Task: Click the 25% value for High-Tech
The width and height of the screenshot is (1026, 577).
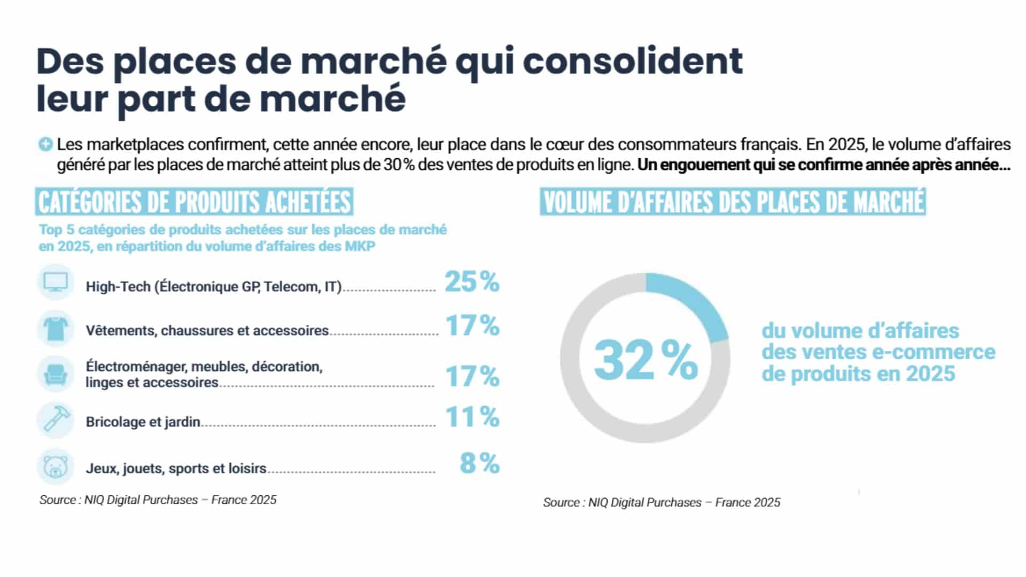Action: (472, 282)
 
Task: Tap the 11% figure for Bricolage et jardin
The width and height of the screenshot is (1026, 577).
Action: (472, 417)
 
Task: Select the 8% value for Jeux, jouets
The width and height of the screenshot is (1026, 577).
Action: (479, 463)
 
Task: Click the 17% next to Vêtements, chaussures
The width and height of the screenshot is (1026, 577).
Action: (472, 325)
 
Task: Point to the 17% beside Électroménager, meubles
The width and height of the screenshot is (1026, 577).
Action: (472, 376)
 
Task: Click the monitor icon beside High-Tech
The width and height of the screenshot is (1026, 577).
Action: (56, 282)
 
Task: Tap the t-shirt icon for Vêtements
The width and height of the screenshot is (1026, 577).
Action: (56, 328)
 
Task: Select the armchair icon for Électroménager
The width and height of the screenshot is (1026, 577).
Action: (56, 375)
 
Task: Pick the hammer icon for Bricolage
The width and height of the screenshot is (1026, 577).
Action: (56, 420)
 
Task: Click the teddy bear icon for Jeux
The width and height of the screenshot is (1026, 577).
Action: (56, 466)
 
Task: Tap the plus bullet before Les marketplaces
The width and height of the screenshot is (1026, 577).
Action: (45, 144)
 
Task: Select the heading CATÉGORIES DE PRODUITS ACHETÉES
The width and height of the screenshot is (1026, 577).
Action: (194, 202)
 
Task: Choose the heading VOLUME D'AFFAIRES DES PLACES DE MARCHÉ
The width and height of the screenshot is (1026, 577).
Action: (733, 202)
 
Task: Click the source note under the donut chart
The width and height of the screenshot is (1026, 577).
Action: (662, 502)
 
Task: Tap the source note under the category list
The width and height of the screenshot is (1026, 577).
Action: (158, 500)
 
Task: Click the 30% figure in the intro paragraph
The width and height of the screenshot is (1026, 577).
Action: (399, 165)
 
